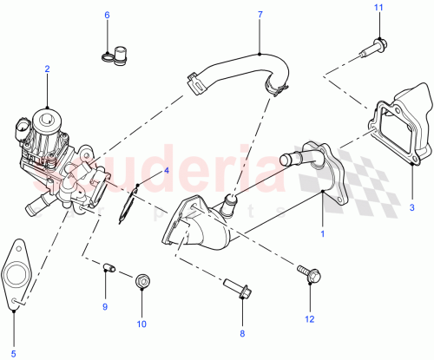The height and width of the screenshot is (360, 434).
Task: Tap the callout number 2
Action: point(47,69)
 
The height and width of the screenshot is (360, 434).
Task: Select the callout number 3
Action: point(412,207)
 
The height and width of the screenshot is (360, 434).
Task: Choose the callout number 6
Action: point(108,15)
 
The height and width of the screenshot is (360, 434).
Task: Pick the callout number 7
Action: point(260,15)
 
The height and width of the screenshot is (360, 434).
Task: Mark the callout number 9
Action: point(105,306)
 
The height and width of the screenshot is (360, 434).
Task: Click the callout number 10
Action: point(141,324)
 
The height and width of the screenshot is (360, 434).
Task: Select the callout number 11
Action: point(378,8)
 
